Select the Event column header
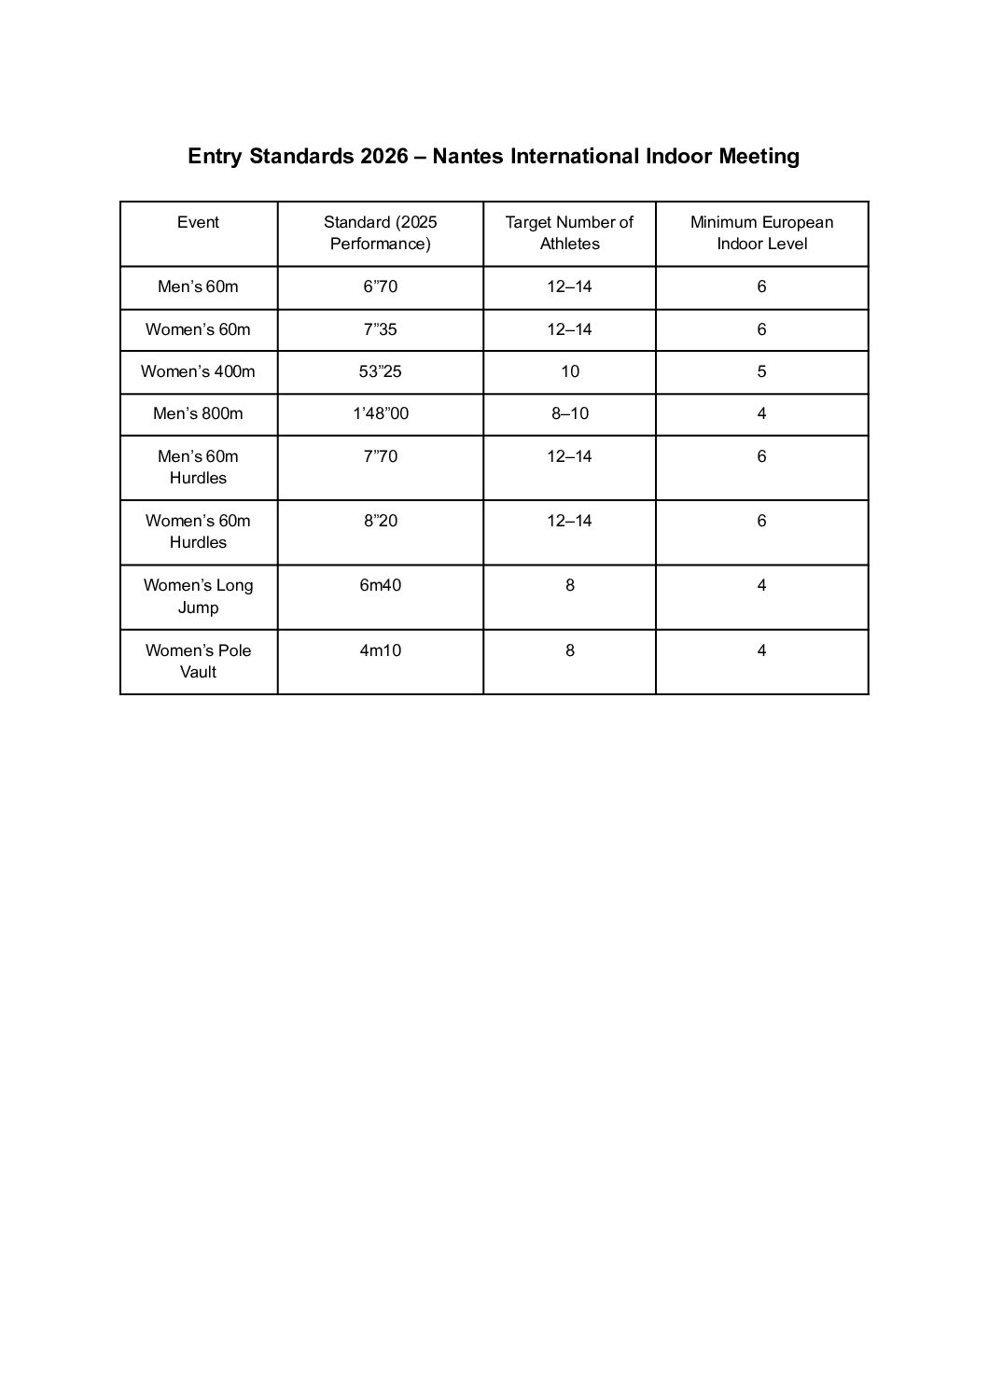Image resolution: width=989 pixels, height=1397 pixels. pos(198,222)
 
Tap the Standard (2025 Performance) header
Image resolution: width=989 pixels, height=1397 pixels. pos(380,233)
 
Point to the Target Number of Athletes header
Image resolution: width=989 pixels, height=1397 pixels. pos(569,233)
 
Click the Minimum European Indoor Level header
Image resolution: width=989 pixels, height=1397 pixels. pos(761,233)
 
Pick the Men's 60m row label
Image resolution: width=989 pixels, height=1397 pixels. pos(198,286)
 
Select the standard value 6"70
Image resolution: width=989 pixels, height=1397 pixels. pos(380,286)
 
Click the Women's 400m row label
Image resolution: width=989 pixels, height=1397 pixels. pos(198,371)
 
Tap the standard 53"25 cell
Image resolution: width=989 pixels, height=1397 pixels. pos(380,371)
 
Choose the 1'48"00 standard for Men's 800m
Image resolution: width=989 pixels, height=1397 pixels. pos(380,413)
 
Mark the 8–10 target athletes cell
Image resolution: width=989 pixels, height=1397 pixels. pos(569,413)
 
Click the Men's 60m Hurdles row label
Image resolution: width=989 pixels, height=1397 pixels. pos(198,467)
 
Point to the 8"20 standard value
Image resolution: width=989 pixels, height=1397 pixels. pos(380,521)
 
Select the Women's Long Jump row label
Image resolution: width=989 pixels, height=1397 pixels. pos(198,596)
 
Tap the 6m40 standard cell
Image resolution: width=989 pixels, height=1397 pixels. pos(380,585)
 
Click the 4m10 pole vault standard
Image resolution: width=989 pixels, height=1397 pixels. pos(380,650)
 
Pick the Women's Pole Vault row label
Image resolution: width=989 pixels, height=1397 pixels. pos(198,661)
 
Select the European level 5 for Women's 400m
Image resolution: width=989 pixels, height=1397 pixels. pos(761,371)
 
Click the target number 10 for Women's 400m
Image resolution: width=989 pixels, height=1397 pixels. pos(569,371)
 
